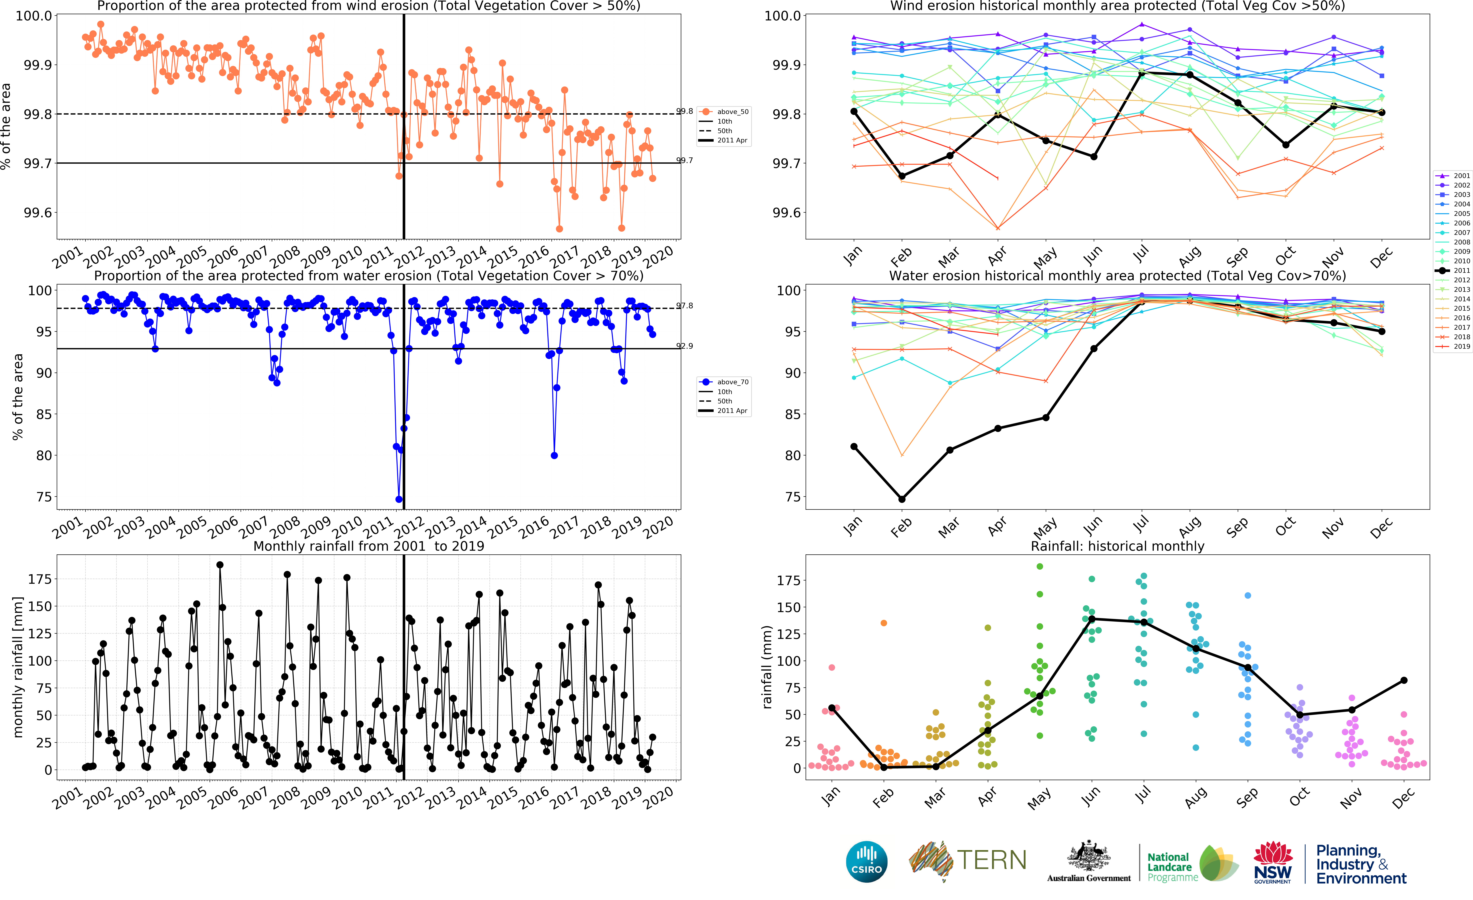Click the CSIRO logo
pyautogui.click(x=866, y=862)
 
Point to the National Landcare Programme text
pyautogui.click(x=1172, y=867)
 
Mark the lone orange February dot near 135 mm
pyautogui.click(x=884, y=623)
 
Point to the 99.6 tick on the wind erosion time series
pyautogui.click(x=38, y=213)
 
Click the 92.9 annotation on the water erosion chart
pyautogui.click(x=685, y=346)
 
